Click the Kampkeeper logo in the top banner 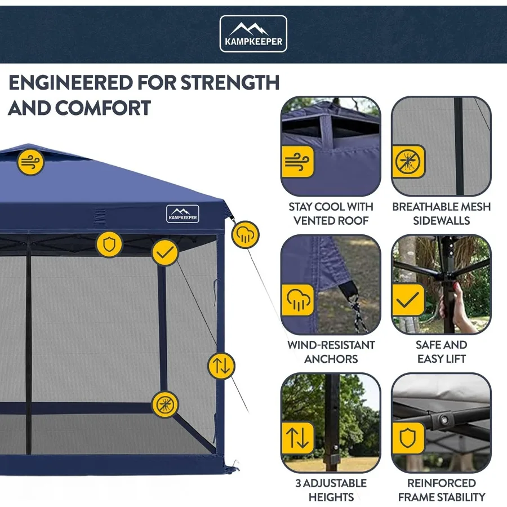click(253, 34)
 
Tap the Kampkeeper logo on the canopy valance click(183, 213)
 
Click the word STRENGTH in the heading click(230, 83)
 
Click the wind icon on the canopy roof click(30, 162)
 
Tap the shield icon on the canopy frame click(109, 244)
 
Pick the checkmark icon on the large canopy click(165, 252)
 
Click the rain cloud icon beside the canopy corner click(246, 234)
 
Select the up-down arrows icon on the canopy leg click(221, 366)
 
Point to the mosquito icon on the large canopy click(165, 404)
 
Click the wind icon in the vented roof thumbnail click(297, 162)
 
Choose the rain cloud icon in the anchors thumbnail click(297, 300)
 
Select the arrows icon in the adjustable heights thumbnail click(297, 438)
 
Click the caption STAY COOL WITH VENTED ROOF click(331, 214)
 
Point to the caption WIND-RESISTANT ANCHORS click(331, 352)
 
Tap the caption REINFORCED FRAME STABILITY click(442, 490)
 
